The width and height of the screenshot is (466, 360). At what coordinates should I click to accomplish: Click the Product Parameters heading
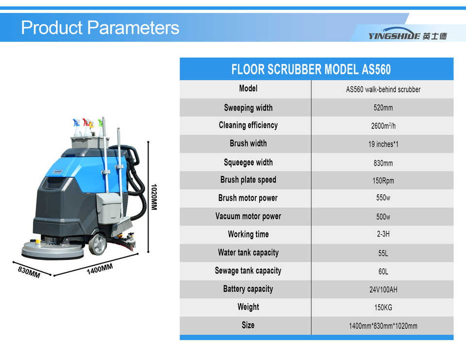click(x=100, y=28)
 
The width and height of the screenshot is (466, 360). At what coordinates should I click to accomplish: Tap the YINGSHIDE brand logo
click(x=407, y=34)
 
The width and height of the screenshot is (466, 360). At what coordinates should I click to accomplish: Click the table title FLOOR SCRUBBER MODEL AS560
click(x=311, y=69)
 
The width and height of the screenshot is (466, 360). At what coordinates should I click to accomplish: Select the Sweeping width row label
click(x=248, y=108)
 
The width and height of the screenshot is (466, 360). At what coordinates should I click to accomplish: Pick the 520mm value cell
click(x=383, y=108)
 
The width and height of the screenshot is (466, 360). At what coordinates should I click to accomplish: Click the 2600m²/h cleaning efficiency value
click(x=383, y=126)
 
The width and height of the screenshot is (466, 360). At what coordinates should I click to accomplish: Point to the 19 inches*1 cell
click(x=383, y=144)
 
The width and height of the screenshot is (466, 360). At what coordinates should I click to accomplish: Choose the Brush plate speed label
click(x=248, y=180)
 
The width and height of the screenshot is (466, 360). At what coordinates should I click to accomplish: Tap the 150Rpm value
click(x=383, y=181)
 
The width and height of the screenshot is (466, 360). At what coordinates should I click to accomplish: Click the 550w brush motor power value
click(x=383, y=198)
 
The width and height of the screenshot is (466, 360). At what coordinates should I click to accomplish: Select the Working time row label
click(x=248, y=235)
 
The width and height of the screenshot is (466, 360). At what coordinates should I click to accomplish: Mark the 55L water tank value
click(x=383, y=253)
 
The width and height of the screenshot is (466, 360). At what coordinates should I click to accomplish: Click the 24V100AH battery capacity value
click(x=383, y=290)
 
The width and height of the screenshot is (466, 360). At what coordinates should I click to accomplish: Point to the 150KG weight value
click(x=383, y=308)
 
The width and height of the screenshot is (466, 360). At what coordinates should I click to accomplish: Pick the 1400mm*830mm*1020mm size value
click(x=383, y=326)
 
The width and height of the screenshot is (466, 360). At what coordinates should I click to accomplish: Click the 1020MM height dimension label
click(x=154, y=197)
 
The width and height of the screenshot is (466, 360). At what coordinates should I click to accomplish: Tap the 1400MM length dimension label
click(x=100, y=269)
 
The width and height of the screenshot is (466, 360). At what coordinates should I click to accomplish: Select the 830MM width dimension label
click(x=29, y=272)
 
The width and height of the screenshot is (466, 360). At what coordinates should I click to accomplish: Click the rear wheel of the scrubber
click(x=98, y=244)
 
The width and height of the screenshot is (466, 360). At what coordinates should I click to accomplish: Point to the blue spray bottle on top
click(x=77, y=128)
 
